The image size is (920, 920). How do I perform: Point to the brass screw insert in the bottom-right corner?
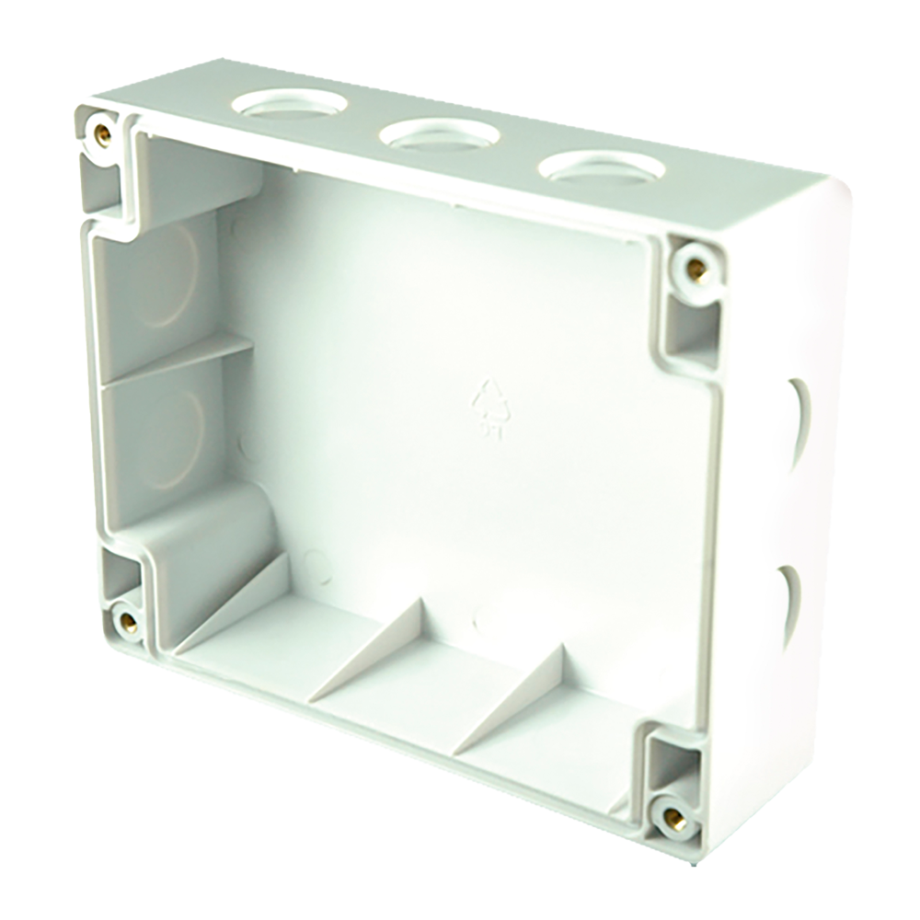pyautogui.click(x=673, y=813)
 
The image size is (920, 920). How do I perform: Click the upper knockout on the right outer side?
pyautogui.click(x=793, y=414)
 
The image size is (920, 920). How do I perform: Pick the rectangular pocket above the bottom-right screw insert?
pyautogui.click(x=669, y=760)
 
